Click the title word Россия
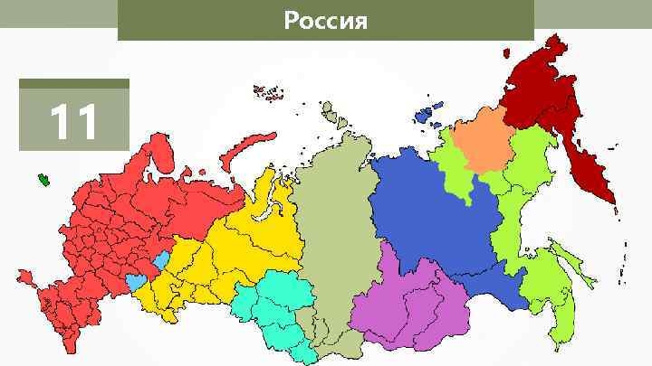pyautogui.click(x=325, y=20)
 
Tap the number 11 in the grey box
pyautogui.click(x=73, y=123)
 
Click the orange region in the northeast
pyautogui.click(x=481, y=140)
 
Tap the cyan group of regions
pyautogui.click(x=272, y=307)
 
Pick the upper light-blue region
pyautogui.click(x=161, y=261)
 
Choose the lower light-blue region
pyautogui.click(x=135, y=282)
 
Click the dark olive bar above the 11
pyautogui.click(x=74, y=83)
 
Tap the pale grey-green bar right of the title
pyautogui.click(x=592, y=14)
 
